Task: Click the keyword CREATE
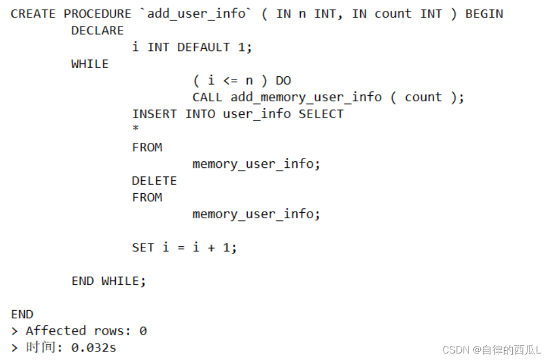click(x=32, y=14)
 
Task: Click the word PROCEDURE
click(x=97, y=14)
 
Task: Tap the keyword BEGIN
click(x=484, y=14)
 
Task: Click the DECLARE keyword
click(x=97, y=31)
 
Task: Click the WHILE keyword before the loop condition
click(x=90, y=64)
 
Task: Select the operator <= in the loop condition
click(x=230, y=81)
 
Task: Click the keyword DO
click(x=283, y=81)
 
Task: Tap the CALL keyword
click(x=207, y=98)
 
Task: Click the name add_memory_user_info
click(x=306, y=98)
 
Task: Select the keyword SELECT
click(x=321, y=114)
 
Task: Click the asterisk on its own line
click(x=136, y=129)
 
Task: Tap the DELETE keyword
click(x=154, y=181)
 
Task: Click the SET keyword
click(x=143, y=248)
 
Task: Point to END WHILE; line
click(x=109, y=282)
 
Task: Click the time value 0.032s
click(x=94, y=348)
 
